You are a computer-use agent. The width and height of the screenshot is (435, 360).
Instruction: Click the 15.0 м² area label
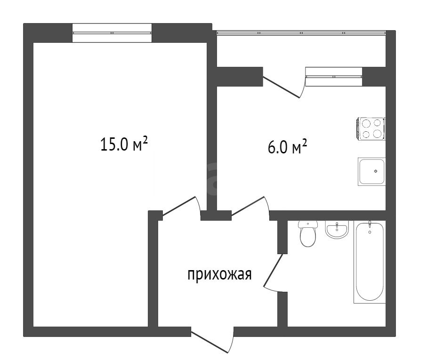click(124, 145)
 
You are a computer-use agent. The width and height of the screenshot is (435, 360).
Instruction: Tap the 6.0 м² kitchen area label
click(287, 147)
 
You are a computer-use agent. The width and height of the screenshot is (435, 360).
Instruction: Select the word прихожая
click(219, 274)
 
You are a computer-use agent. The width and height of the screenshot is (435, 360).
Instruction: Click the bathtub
click(370, 262)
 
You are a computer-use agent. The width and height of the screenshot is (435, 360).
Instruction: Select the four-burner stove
click(371, 128)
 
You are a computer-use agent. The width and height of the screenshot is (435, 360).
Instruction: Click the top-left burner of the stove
click(366, 123)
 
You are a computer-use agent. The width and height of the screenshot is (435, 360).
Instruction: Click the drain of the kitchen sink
click(376, 171)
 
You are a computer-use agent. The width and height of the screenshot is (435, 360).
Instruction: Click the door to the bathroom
click(274, 272)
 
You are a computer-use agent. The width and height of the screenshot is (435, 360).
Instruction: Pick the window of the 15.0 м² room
click(112, 33)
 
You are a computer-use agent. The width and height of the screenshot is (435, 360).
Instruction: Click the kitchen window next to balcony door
click(334, 77)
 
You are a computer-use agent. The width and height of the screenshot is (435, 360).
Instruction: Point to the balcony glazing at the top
click(301, 33)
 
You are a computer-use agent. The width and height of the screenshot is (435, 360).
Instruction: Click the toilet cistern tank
click(308, 224)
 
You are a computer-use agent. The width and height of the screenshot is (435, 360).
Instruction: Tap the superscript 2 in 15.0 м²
click(145, 141)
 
